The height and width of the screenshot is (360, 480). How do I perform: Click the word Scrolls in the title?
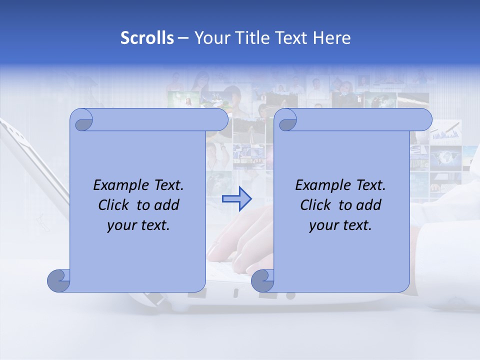click(x=147, y=38)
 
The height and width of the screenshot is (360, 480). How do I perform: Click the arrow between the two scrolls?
click(x=236, y=199)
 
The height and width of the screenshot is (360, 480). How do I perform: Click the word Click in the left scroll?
click(x=114, y=205)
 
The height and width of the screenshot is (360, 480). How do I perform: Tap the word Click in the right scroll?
click(x=316, y=205)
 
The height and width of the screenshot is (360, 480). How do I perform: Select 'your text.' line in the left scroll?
click(x=138, y=225)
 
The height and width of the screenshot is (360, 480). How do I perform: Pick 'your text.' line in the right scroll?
click(x=340, y=225)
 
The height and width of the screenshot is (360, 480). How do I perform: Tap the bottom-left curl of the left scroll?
click(x=59, y=280)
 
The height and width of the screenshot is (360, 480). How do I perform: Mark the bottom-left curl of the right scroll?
click(x=263, y=280)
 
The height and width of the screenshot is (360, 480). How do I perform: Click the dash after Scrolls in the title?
click(x=183, y=38)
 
